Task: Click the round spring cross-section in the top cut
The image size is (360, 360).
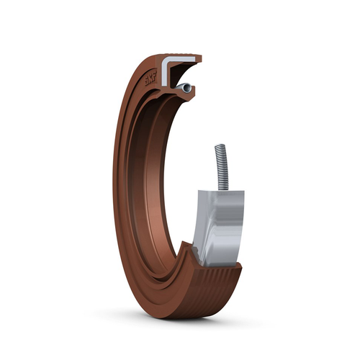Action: pos(186,87)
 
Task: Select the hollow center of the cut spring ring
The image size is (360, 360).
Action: pos(186,87)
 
